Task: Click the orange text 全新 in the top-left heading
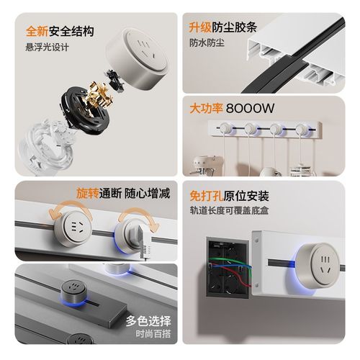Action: pos(37,32)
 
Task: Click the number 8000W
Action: pos(250,110)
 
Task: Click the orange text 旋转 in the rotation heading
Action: pos(89,194)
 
